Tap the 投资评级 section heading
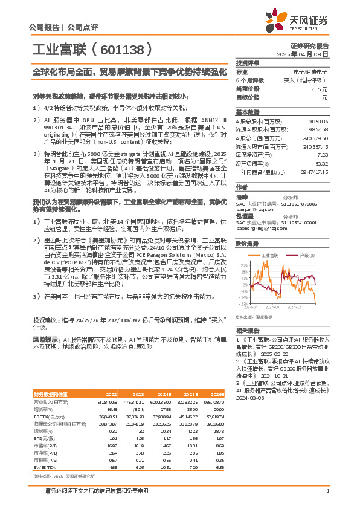point(248,63)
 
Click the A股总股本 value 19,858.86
point(317,122)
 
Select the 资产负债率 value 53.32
point(321,163)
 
